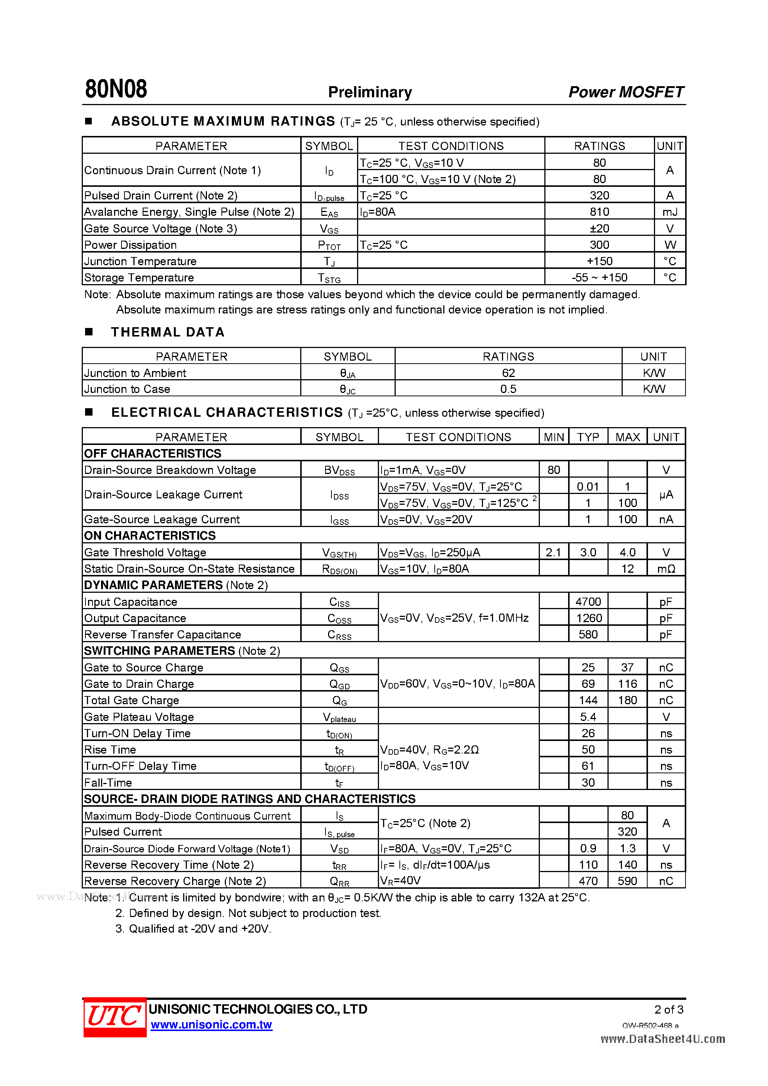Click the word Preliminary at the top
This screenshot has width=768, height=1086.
[x=370, y=92]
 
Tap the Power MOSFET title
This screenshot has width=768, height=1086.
[x=626, y=92]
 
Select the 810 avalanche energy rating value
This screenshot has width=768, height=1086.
[x=599, y=212]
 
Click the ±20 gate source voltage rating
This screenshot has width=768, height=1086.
[x=599, y=228]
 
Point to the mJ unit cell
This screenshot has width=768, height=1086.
[x=670, y=212]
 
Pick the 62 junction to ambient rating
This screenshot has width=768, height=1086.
[x=508, y=373]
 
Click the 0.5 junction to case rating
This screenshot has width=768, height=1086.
[x=508, y=389]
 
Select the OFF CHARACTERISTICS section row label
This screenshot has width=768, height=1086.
[x=152, y=453]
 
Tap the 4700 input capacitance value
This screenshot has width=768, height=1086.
[x=588, y=602]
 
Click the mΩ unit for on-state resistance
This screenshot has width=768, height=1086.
[x=666, y=569]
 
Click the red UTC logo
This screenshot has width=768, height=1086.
[x=114, y=1017]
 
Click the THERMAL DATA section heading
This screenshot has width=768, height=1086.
[x=168, y=332]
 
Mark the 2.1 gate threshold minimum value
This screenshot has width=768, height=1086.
[x=553, y=552]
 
